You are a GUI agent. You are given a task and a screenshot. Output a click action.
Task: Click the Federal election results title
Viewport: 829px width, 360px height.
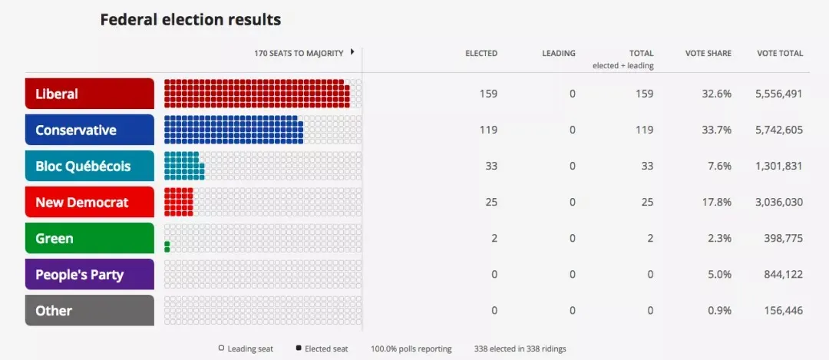[x=190, y=19]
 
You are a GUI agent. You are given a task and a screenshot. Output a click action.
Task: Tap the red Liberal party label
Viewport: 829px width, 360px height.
[x=89, y=94]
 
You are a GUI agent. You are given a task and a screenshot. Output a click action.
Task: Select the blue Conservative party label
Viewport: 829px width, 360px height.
[x=89, y=130]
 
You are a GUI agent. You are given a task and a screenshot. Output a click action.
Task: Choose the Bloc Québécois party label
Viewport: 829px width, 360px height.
[x=89, y=166]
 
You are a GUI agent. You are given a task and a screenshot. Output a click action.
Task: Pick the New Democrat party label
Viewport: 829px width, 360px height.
[x=89, y=203]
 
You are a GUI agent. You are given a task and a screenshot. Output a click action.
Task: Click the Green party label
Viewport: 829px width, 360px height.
[x=89, y=239]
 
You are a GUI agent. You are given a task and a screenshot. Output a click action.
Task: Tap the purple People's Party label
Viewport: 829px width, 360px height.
[x=89, y=275]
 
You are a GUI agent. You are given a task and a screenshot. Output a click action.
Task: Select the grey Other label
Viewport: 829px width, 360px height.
[x=89, y=311]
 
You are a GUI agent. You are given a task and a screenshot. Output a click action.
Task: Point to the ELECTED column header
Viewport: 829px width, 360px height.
[x=481, y=54]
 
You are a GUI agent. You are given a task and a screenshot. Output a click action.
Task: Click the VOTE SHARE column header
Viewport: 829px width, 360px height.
[x=708, y=54]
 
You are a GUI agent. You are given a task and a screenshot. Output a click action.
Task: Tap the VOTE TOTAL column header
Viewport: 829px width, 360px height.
[x=780, y=54]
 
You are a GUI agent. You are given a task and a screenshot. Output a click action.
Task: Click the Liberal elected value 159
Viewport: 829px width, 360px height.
[x=487, y=94]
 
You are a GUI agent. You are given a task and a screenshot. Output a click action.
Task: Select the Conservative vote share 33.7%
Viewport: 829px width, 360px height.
[x=718, y=130]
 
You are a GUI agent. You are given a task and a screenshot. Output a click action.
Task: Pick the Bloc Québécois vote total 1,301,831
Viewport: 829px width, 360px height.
[x=779, y=167]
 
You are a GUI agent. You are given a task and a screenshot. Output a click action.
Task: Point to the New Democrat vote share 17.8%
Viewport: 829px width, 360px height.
[x=718, y=203]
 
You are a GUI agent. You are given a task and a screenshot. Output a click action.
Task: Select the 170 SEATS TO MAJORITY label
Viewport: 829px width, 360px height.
[x=300, y=54]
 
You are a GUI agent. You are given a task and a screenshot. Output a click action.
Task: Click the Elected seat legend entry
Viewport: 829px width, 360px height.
[x=323, y=348]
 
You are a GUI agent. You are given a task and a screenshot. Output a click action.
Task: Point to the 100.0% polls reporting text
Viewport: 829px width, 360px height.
[x=411, y=348]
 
